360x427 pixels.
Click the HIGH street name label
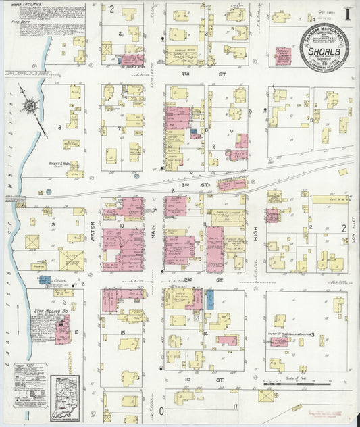(257, 234)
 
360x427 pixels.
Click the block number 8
(59, 126)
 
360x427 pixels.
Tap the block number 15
(122, 334)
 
